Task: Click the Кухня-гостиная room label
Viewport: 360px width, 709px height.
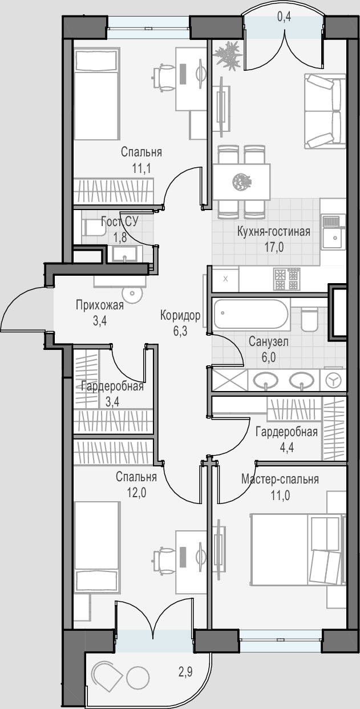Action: coord(274,232)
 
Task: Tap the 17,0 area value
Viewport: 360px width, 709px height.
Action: coord(274,247)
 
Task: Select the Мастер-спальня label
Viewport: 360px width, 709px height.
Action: coord(280,480)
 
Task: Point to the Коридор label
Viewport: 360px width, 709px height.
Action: coord(180,315)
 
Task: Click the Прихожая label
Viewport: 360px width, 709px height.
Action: coord(100,305)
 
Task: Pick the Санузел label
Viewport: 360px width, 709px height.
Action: coord(268,342)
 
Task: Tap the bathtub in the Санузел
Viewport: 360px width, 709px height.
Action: coord(251,314)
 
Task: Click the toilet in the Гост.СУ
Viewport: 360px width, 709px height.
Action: coord(94,228)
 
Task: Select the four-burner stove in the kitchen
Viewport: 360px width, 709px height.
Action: coord(287,279)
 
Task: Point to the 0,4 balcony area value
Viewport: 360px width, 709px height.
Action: coord(284,17)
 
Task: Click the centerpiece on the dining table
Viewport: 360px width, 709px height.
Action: coord(241,182)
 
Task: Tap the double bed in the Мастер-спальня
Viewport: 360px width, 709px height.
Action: coord(297,550)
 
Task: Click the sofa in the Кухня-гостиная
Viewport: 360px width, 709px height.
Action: coord(325,111)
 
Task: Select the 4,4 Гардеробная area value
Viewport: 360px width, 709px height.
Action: coord(286,448)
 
